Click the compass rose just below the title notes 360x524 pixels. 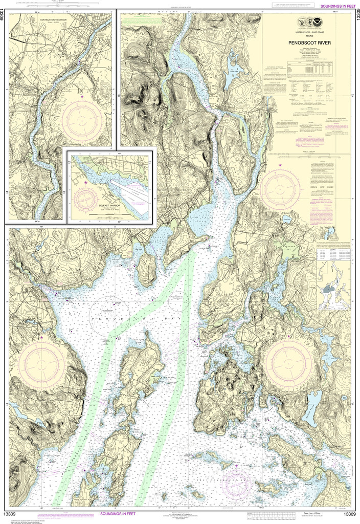[280, 189]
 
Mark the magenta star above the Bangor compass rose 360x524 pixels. [82, 96]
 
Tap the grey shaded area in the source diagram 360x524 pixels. [329, 289]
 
